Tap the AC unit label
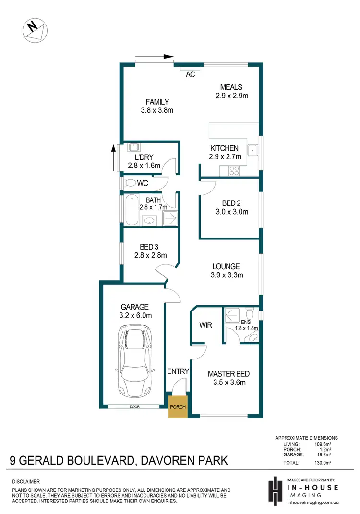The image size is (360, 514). (190, 75)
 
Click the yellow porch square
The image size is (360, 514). (177, 406)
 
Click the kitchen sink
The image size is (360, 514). (252, 150)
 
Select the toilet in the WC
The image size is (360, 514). (130, 183)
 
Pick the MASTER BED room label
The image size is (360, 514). (228, 374)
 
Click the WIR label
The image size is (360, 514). (206, 325)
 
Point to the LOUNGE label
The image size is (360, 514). (227, 266)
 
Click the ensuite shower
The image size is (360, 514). (233, 316)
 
